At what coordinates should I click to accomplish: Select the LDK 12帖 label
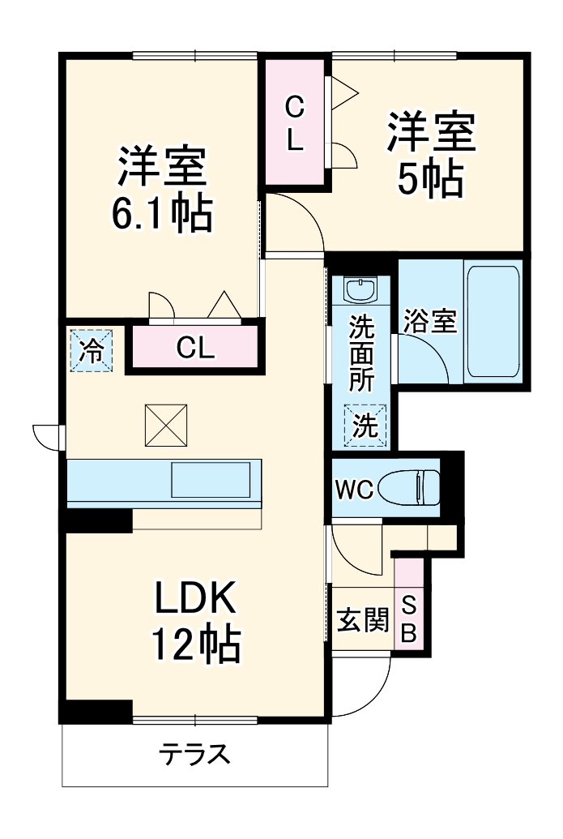pyautogui.click(x=194, y=622)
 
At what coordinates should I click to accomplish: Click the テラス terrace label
pyautogui.click(x=194, y=755)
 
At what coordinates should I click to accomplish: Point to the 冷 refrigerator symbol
pyautogui.click(x=91, y=350)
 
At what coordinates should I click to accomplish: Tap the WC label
pyautogui.click(x=354, y=489)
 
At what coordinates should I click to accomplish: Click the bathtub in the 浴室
pyautogui.click(x=492, y=320)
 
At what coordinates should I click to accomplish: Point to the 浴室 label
pyautogui.click(x=429, y=321)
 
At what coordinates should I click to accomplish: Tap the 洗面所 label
pyautogui.click(x=361, y=353)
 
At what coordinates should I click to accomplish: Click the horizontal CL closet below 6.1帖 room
pyautogui.click(x=195, y=349)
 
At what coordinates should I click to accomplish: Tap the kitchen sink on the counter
pyautogui.click(x=211, y=479)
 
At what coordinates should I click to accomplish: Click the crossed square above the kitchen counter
pyautogui.click(x=166, y=425)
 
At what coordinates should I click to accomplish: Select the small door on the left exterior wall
pyautogui.click(x=47, y=435)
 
